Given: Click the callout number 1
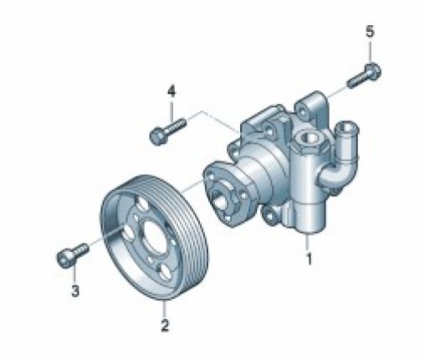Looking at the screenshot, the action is [309, 259].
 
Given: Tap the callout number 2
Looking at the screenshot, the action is [165, 325].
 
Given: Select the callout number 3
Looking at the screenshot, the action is [75, 291].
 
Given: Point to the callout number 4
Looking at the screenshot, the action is [172, 92].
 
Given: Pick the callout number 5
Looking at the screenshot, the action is [370, 32].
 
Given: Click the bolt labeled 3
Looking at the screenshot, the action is [72, 255].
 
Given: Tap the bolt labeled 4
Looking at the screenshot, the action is [167, 131].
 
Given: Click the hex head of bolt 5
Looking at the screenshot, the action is [373, 69].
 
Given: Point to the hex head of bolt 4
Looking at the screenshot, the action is [158, 136].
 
